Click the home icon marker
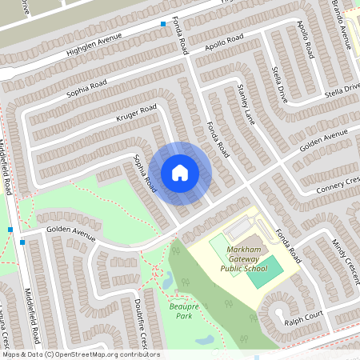click(179, 172)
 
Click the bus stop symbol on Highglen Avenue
click(164, 24)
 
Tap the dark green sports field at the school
click(270, 267)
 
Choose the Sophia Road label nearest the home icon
click(145, 172)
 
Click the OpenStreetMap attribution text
click(80, 354)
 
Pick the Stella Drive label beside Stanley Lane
click(280, 85)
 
